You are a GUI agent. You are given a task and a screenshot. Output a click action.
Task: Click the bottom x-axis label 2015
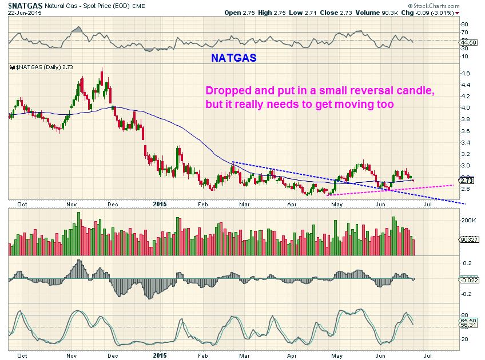pos(161,355)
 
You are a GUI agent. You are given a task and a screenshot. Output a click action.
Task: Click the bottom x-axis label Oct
pos(22,355)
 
